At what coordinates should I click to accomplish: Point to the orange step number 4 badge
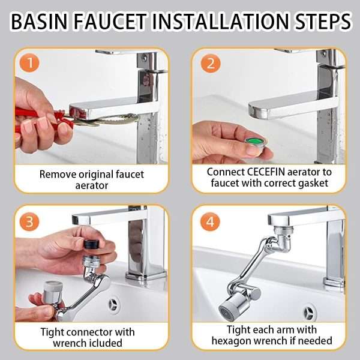click(209, 222)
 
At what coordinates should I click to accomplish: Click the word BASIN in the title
click(41, 22)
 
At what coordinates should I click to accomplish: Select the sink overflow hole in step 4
click(310, 311)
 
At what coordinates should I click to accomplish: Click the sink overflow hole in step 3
click(114, 304)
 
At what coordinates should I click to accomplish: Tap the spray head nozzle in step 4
click(228, 310)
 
